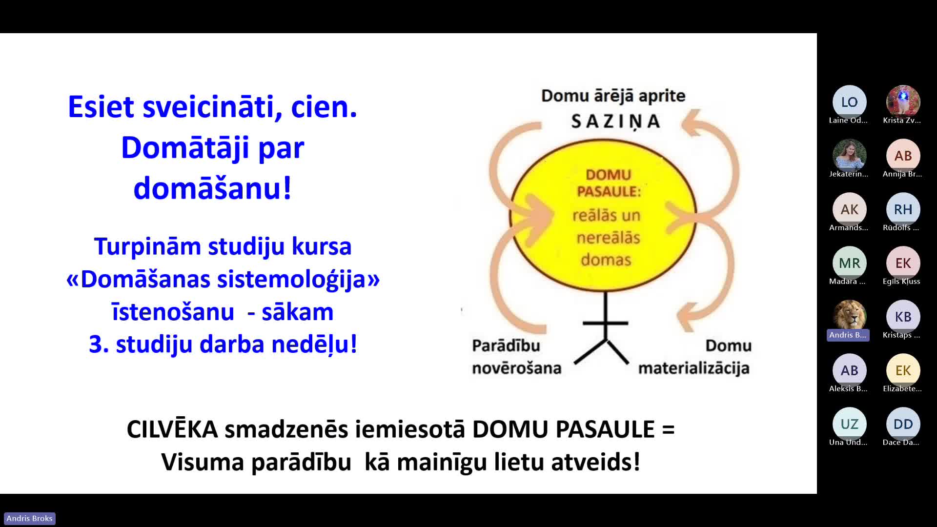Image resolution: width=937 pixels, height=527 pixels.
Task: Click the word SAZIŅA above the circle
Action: click(616, 122)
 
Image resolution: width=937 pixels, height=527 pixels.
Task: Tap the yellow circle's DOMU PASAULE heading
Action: click(609, 183)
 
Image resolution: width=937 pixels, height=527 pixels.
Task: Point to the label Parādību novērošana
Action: click(516, 357)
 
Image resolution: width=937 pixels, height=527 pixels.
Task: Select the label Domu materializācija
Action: click(694, 357)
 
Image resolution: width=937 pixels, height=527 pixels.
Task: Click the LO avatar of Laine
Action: click(849, 102)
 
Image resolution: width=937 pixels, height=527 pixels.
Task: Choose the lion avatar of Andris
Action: click(849, 317)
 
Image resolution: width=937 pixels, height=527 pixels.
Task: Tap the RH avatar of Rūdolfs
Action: click(903, 209)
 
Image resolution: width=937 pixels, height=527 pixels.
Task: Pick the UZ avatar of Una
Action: click(849, 424)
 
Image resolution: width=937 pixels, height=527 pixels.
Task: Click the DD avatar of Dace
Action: click(903, 424)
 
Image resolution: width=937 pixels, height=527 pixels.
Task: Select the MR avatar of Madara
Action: click(849, 263)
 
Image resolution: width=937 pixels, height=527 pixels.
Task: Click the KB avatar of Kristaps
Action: click(903, 317)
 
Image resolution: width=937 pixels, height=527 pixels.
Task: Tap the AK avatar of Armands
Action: click(849, 209)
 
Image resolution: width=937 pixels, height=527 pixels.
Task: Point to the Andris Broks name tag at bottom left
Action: click(29, 518)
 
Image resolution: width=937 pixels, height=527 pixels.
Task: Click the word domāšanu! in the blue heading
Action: click(213, 188)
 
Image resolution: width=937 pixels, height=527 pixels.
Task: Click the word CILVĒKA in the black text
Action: click(172, 429)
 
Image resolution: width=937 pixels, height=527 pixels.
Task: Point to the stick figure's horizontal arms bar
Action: click(606, 323)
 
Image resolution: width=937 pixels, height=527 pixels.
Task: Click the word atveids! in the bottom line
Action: click(596, 462)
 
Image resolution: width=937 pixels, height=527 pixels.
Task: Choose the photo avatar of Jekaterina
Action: click(849, 156)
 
